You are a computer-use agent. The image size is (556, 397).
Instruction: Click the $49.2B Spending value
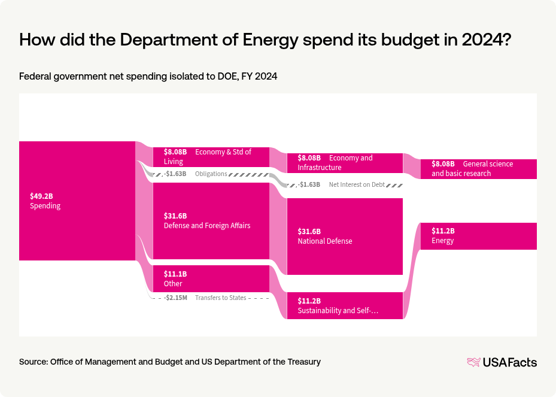[41, 196]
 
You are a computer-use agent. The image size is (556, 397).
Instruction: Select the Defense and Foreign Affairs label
[207, 226]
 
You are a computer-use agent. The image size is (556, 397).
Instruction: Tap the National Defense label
[325, 241]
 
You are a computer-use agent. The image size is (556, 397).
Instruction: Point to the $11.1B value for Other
[175, 274]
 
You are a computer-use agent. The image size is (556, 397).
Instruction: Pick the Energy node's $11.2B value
[443, 231]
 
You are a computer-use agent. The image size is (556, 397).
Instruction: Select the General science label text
[488, 164]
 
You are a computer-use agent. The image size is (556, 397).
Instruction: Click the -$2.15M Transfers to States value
[175, 298]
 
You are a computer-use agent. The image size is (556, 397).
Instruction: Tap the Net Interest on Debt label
[357, 184]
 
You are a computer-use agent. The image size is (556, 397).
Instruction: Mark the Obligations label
[211, 174]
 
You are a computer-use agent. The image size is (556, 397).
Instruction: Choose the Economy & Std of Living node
[211, 157]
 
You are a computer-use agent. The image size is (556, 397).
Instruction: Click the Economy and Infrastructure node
[345, 163]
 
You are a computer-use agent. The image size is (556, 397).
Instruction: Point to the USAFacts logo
[502, 362]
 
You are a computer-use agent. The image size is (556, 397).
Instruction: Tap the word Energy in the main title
[274, 40]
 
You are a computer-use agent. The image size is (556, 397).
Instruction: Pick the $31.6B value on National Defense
[309, 231]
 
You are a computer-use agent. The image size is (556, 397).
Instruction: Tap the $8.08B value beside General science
[443, 164]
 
